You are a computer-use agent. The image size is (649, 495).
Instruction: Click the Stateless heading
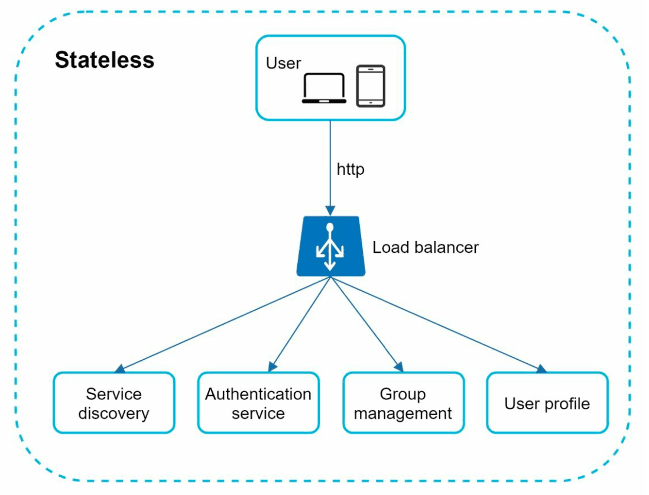tap(104, 60)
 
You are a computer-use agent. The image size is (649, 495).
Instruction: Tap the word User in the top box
tap(283, 63)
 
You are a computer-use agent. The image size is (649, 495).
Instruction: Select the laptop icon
tap(324, 88)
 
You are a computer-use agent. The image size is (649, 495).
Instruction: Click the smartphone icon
tap(371, 86)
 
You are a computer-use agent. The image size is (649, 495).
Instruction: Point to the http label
tap(351, 170)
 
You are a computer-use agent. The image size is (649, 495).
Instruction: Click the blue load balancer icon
tap(330, 246)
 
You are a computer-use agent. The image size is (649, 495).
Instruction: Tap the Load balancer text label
tap(426, 247)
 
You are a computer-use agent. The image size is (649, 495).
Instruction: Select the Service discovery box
tap(114, 403)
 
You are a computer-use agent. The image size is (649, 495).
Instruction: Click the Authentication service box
tap(258, 403)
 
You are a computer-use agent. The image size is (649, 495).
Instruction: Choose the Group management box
tap(403, 403)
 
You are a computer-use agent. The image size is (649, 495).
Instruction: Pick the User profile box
tap(547, 403)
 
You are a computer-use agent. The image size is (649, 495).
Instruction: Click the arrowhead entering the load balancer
tap(330, 211)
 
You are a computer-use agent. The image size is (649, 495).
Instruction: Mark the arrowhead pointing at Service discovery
tap(119, 369)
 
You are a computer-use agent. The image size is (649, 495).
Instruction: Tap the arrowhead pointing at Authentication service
tap(272, 367)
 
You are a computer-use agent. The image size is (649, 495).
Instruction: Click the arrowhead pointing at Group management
tap(398, 367)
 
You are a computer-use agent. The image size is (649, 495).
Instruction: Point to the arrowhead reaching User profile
tap(542, 369)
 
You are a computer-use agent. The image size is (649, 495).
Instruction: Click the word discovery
tap(114, 413)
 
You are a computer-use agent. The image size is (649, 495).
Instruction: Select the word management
tap(403, 413)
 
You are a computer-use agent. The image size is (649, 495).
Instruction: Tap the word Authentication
tap(258, 394)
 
